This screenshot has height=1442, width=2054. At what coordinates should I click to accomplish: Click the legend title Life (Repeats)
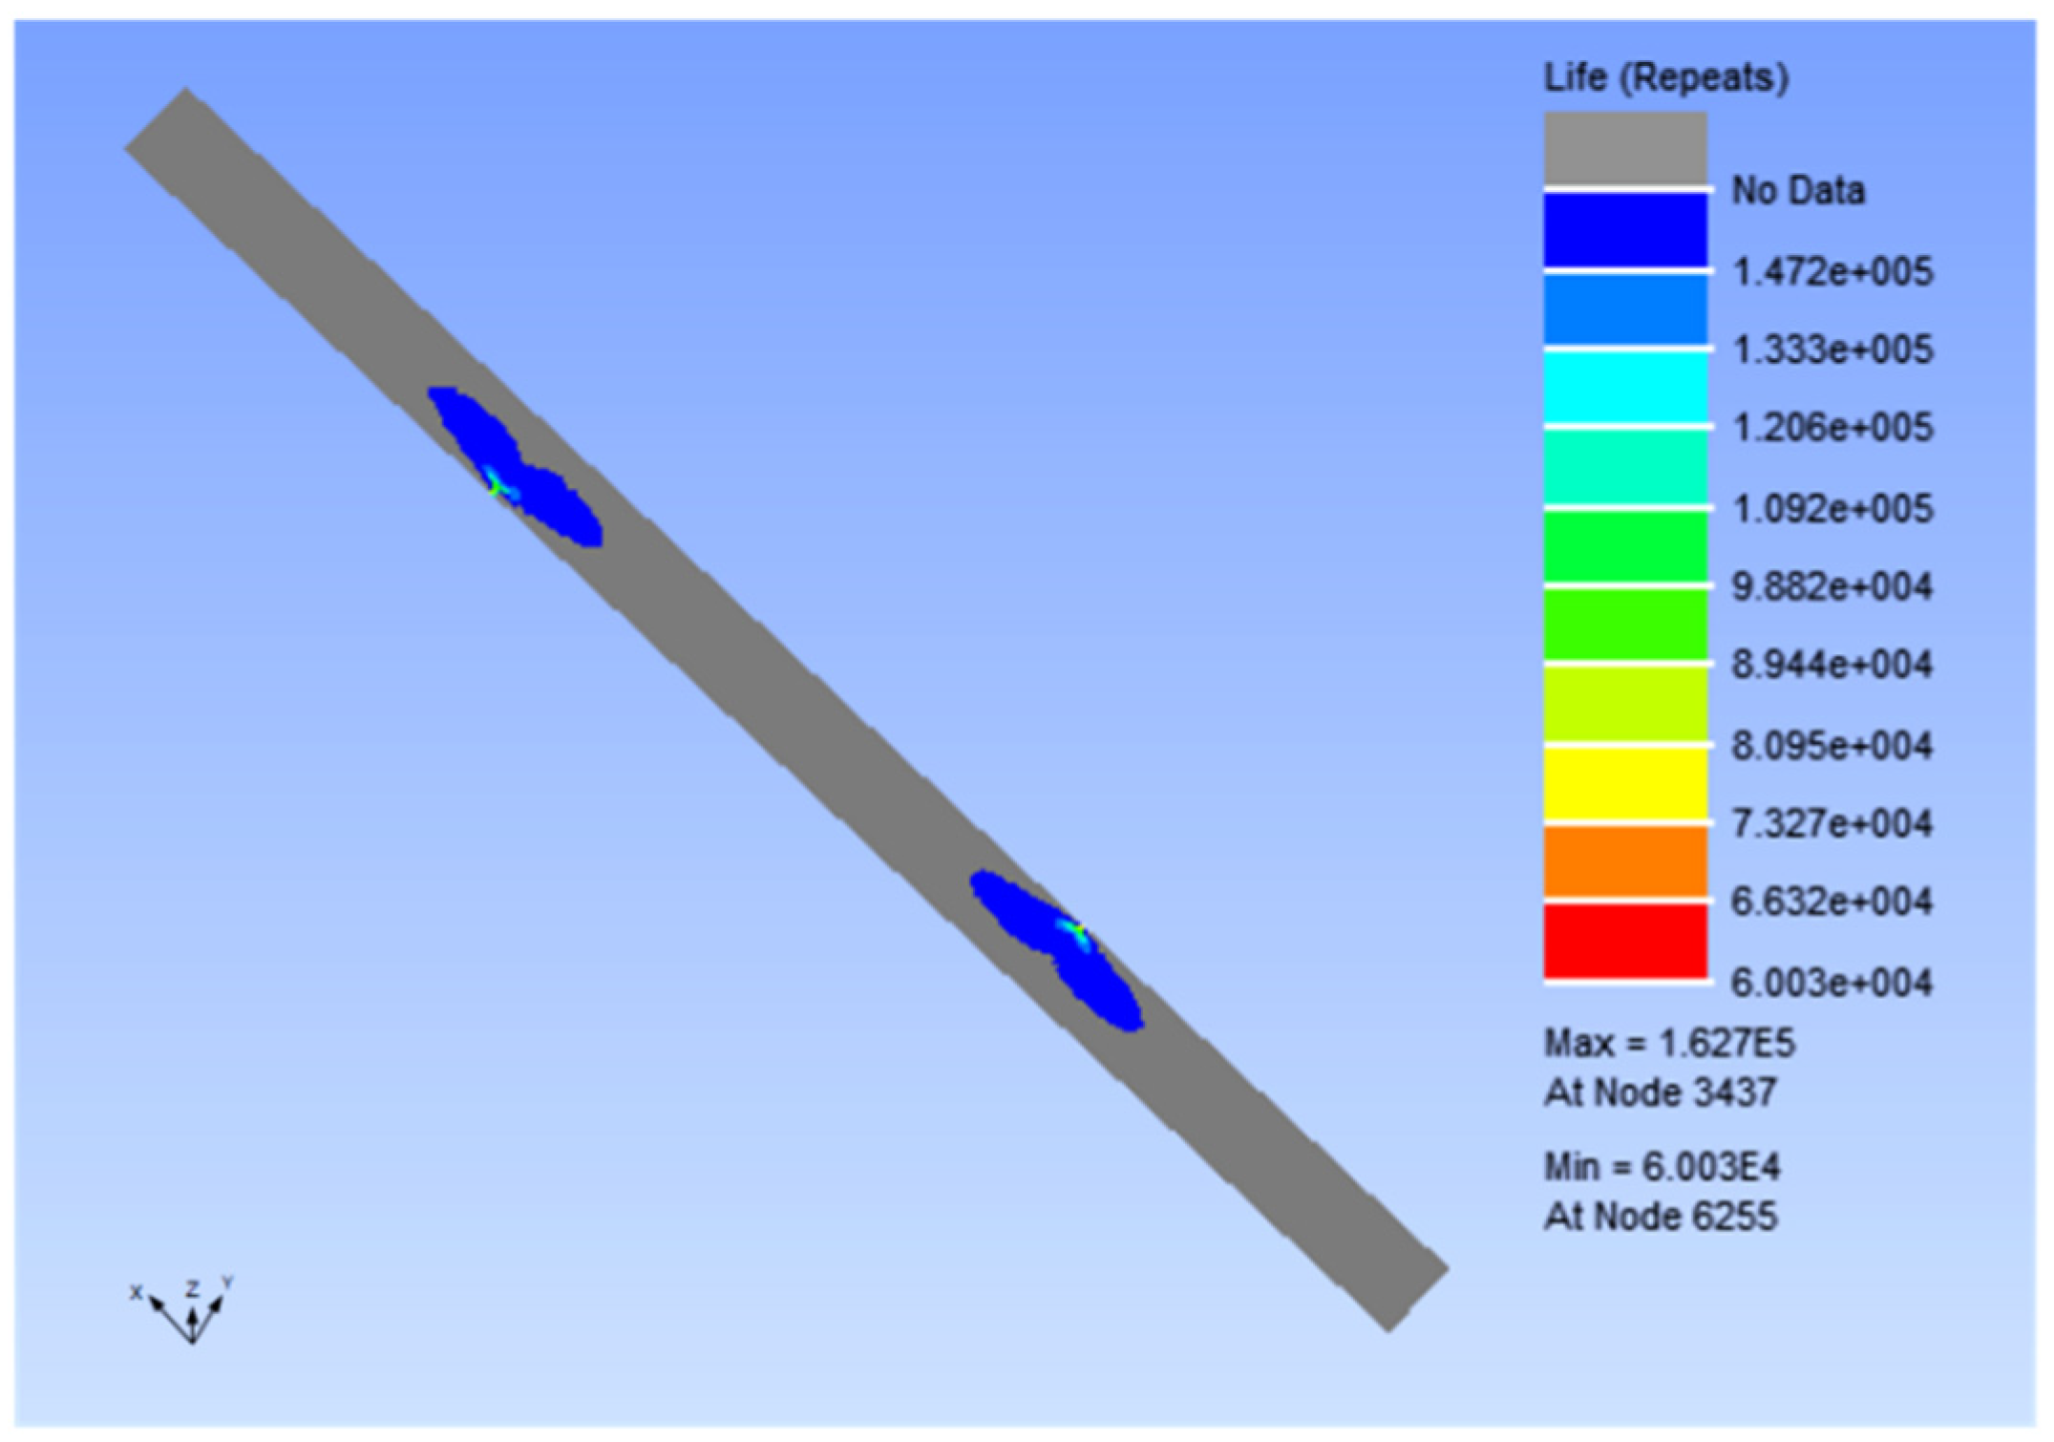click(x=1666, y=77)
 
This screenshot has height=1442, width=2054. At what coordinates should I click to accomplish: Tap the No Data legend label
click(x=1798, y=190)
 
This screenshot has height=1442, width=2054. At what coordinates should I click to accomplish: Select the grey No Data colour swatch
click(x=1625, y=147)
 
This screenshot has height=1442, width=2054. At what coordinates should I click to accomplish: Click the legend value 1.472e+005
click(x=1832, y=272)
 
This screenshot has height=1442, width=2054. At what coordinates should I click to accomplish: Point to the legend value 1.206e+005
click(x=1832, y=427)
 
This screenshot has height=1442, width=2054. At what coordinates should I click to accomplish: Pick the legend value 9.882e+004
click(x=1832, y=585)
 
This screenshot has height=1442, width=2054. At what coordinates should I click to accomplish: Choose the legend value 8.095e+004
click(x=1832, y=745)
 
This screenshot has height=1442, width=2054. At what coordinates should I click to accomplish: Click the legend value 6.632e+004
click(x=1832, y=901)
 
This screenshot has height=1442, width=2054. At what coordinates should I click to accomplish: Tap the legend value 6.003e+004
click(x=1832, y=982)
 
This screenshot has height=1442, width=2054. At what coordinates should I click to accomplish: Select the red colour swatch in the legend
click(x=1625, y=941)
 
